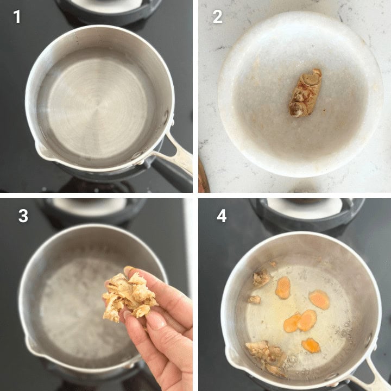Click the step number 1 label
(x=17, y=17)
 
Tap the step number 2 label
(x=217, y=17)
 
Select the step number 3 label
(x=23, y=216)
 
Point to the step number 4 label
(x=222, y=216)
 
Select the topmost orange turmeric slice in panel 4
(x=283, y=287)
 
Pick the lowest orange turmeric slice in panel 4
(x=311, y=345)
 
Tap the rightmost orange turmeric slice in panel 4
(x=320, y=299)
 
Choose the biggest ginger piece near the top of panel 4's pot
(x=261, y=279)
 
